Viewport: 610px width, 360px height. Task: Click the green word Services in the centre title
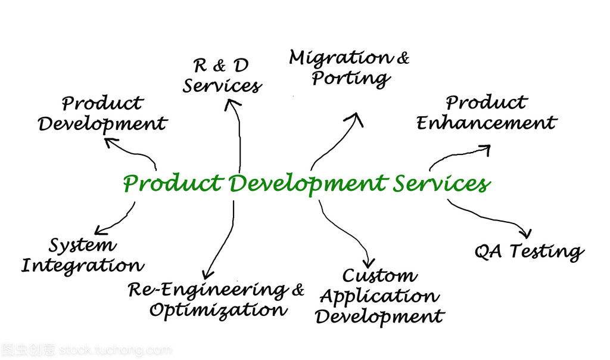coord(441,184)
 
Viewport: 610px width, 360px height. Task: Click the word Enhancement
coord(486,123)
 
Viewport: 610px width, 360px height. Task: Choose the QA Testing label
coord(529,252)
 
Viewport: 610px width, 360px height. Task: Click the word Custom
coord(379,275)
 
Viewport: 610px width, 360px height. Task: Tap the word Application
coord(379,297)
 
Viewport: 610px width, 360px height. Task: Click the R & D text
coord(220,66)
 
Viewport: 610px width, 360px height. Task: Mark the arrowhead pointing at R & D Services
coord(232,104)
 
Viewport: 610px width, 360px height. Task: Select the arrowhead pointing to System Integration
coord(101,230)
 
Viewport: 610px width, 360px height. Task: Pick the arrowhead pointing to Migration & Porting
coord(355,119)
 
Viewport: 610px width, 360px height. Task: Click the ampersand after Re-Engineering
coord(298,290)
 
